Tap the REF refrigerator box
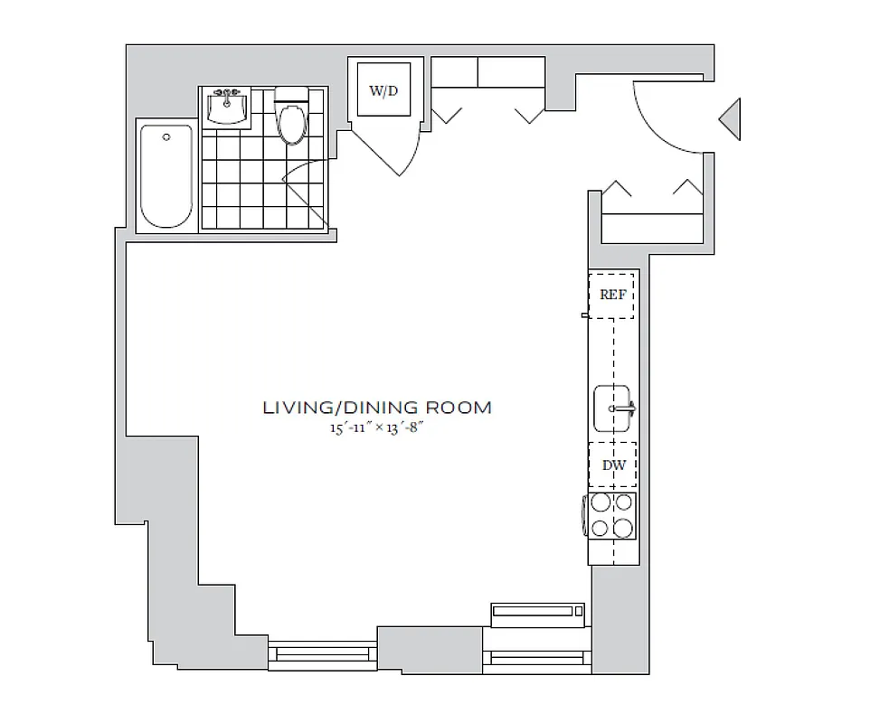pos(612,295)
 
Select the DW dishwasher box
pos(612,465)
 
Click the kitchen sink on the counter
pos(613,408)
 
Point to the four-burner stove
pos(611,516)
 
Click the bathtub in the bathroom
pos(166,176)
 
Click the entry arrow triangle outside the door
pos(731,118)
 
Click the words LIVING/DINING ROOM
pos(377,408)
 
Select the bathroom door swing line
pos(306,201)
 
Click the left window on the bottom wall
pos(324,653)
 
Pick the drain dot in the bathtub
pos(166,137)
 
